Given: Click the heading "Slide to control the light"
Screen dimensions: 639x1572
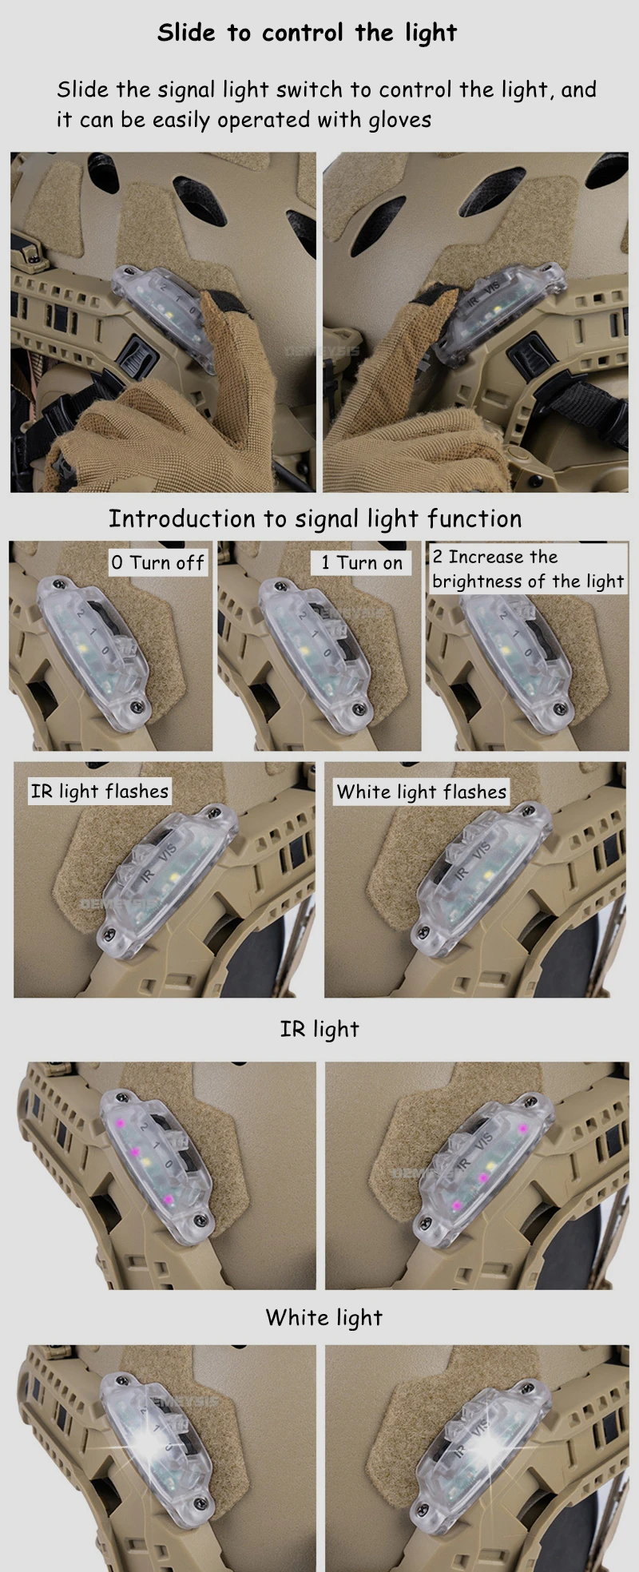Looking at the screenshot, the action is (307, 33).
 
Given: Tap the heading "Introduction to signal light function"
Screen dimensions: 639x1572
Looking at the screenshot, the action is (315, 519).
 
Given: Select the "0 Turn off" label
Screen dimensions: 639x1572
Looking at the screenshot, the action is (158, 562).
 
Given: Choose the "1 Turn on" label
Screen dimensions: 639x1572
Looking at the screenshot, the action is (362, 562).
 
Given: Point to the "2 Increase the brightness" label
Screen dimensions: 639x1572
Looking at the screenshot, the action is (528, 569).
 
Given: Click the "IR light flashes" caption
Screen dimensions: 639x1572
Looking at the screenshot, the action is (100, 792).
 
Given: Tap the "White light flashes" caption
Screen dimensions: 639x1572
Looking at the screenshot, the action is (422, 792).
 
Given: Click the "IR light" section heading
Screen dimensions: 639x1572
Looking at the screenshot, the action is (319, 1029).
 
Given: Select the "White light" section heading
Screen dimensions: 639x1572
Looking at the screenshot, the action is (324, 1317).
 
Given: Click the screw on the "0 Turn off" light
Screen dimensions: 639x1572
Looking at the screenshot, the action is (141, 705).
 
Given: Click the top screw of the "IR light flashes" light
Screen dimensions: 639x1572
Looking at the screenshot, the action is (213, 812).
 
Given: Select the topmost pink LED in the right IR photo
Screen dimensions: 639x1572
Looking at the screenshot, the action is (522, 1129).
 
